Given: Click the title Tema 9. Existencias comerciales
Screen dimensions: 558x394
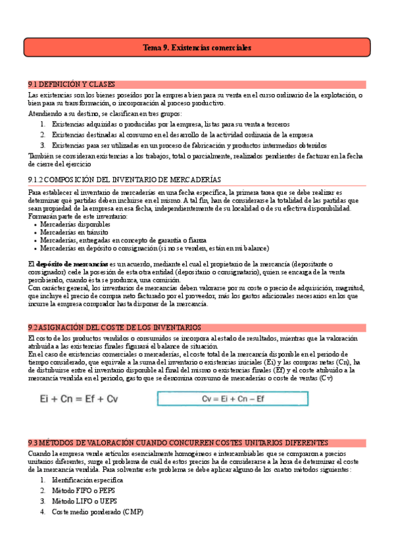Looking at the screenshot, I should point(197,48).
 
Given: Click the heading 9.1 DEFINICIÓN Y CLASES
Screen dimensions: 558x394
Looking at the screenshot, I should point(72,84).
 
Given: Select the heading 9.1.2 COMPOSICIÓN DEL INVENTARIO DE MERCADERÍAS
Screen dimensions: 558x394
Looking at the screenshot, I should point(125,179).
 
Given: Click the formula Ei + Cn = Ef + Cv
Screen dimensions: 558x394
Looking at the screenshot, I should point(80,399).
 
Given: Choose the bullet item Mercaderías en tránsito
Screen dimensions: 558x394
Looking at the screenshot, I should point(65,232).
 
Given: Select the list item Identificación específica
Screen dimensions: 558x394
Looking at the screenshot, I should point(87,481).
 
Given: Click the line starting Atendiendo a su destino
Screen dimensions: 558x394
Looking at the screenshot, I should point(91,113).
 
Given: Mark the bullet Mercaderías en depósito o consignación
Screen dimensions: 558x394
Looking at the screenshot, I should point(154,249).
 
